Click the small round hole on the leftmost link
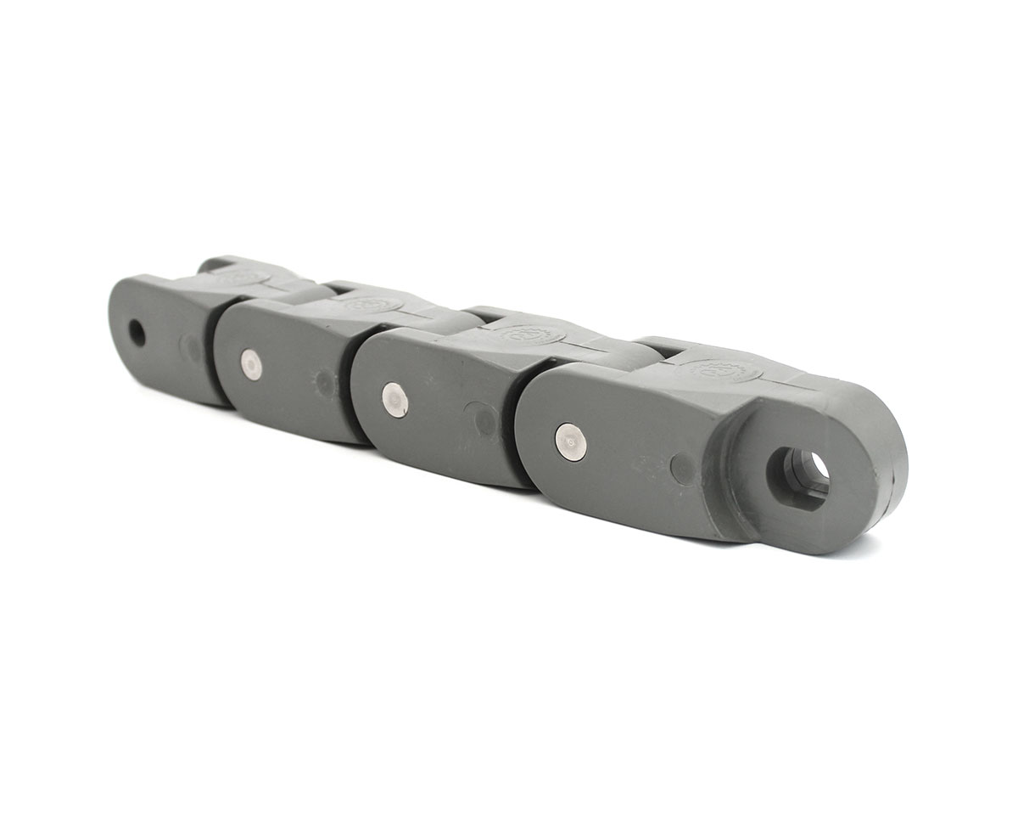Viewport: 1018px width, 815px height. click(136, 333)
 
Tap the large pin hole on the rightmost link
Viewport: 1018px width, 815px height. click(797, 475)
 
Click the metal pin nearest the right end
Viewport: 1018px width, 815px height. click(571, 441)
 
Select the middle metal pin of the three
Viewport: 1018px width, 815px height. click(394, 399)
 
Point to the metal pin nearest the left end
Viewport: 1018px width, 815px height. click(250, 364)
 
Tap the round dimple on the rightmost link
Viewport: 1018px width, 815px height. click(683, 468)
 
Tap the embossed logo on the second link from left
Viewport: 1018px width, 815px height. click(372, 303)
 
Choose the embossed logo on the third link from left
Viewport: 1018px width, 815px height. click(531, 334)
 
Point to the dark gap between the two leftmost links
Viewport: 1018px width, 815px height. click(211, 357)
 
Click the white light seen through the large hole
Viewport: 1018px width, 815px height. click(819, 465)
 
